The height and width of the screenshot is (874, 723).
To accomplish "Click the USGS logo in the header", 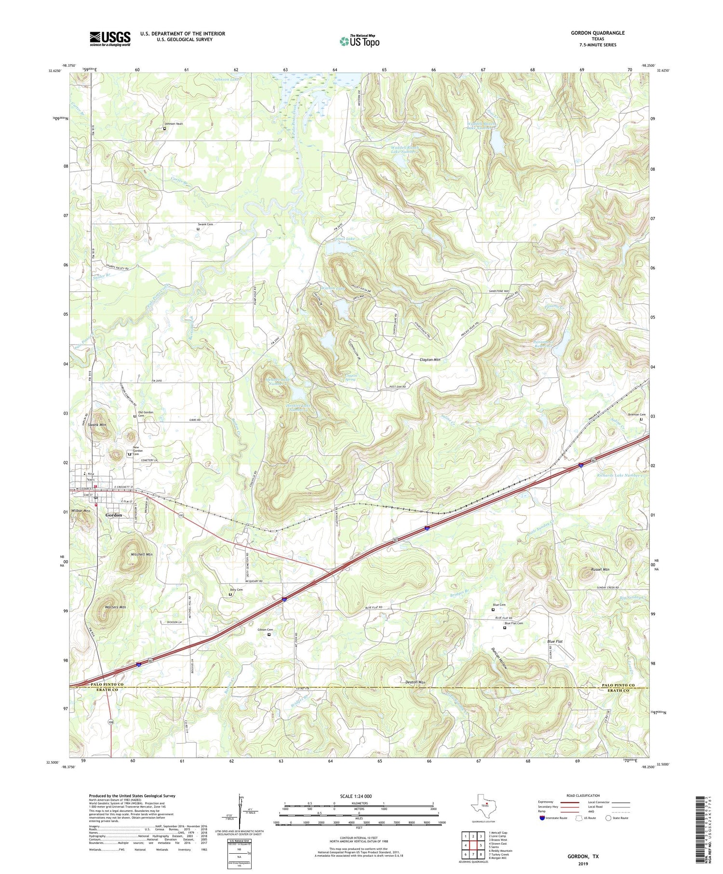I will click(x=110, y=39).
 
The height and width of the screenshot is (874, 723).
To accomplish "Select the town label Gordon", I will click(x=114, y=515).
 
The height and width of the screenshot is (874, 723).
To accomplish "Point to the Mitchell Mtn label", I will click(x=141, y=554).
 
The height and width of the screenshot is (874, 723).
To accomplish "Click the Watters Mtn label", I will click(x=115, y=607).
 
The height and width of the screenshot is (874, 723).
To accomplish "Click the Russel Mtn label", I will click(x=600, y=569).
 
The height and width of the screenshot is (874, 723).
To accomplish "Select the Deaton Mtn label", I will click(x=415, y=682).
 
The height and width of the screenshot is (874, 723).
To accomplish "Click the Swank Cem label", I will click(x=205, y=224).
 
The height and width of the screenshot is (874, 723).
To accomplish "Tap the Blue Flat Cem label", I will click(x=513, y=623).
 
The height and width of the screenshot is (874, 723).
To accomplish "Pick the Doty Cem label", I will click(x=236, y=590).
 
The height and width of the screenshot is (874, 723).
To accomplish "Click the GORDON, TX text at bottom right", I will click(x=582, y=856).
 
